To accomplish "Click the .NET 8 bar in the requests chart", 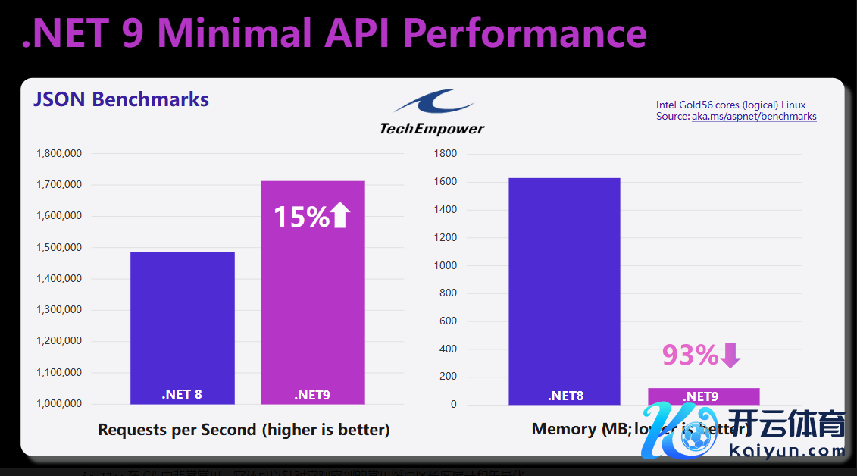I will [x=182, y=326].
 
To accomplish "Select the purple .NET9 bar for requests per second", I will [x=312, y=303].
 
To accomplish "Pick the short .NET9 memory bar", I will [x=703, y=396].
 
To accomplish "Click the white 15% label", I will [x=301, y=217].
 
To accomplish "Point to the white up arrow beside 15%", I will [x=340, y=216].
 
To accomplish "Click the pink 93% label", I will [x=690, y=355].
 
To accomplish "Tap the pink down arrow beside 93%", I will [x=730, y=355].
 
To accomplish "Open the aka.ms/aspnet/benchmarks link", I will [x=754, y=117].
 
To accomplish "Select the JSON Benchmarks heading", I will [x=120, y=99].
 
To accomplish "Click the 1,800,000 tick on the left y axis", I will [x=59, y=154].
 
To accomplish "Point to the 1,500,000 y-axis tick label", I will [x=59, y=248].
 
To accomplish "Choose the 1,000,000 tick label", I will [x=59, y=404].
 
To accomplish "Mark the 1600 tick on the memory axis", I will [x=445, y=182].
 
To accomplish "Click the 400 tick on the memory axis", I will [x=448, y=349].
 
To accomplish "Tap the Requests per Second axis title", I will [x=243, y=430].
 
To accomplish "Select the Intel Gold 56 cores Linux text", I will [x=730, y=105].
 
